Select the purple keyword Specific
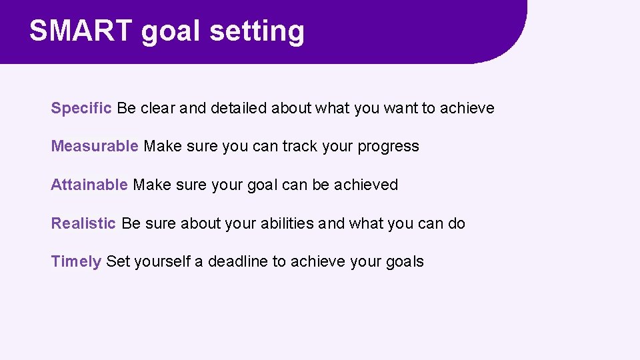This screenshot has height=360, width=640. tap(81, 108)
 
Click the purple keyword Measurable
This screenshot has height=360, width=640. tap(95, 146)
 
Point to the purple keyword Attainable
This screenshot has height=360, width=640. tap(89, 185)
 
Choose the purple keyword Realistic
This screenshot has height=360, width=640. tap(83, 223)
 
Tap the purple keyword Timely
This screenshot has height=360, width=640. tap(76, 261)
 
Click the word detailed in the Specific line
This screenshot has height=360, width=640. tap(239, 108)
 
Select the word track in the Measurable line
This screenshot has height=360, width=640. tap(300, 146)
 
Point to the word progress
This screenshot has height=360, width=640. tap(389, 147)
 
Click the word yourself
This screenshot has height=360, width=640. tap(162, 261)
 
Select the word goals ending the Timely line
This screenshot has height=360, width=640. tap(405, 261)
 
